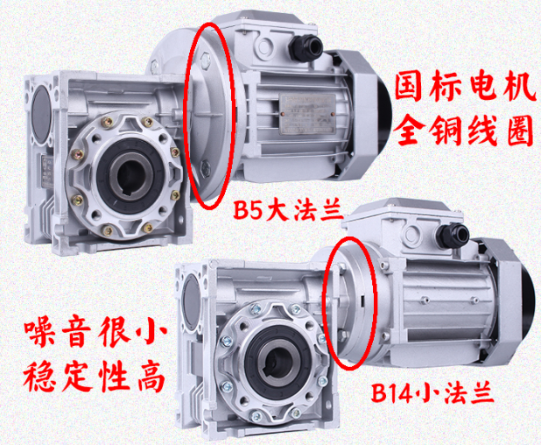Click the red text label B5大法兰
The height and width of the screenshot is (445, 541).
(x=288, y=210)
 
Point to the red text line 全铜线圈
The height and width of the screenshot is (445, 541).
(x=464, y=130)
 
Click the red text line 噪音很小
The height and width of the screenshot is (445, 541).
(x=95, y=333)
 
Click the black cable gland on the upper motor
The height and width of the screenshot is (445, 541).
(x=306, y=47)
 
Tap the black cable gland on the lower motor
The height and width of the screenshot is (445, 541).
(x=453, y=236)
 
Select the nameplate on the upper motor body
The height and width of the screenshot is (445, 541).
(x=307, y=114)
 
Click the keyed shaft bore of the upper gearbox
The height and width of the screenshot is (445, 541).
(x=132, y=176)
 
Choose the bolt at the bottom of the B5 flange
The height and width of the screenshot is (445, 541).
(x=206, y=167)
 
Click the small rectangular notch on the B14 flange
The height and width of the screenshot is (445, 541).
(x=362, y=300)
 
